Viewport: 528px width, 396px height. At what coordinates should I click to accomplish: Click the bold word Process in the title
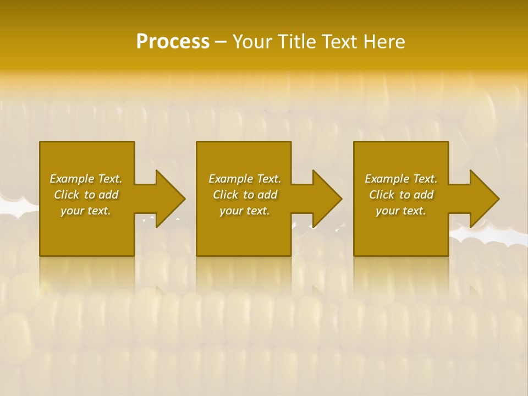coord(173,42)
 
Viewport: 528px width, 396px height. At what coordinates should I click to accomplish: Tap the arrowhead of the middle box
coord(326,199)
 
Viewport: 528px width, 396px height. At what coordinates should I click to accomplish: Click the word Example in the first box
coord(72,179)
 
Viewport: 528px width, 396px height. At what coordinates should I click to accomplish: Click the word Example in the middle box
coord(231,179)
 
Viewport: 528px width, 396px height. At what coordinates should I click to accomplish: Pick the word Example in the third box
coord(387,179)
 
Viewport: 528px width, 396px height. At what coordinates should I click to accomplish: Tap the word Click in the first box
coord(67,195)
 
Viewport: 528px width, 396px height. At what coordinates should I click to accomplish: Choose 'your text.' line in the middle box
coord(244,211)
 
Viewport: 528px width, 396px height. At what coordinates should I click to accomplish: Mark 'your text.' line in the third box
coord(400,211)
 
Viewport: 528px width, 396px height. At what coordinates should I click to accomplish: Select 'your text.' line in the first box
coord(85,211)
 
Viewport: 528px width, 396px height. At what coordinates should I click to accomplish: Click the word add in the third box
coord(424,195)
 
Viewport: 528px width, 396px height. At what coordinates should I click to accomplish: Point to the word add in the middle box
coord(268,195)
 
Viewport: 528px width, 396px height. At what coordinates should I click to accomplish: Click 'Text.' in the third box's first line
coord(425,179)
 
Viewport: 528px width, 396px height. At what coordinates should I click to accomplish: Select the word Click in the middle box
coord(226,195)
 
